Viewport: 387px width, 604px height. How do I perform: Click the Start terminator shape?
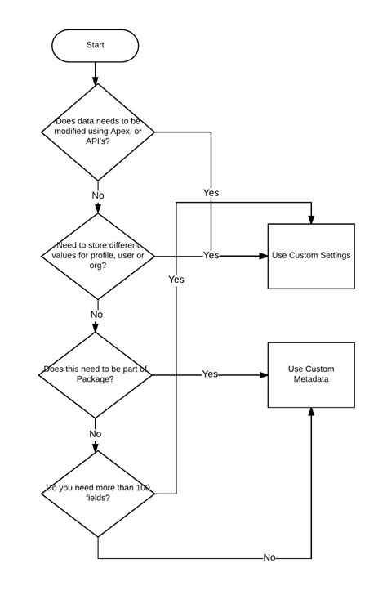tap(96, 46)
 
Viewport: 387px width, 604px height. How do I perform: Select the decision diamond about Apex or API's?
tap(98, 132)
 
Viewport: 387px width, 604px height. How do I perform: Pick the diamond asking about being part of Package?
tap(96, 374)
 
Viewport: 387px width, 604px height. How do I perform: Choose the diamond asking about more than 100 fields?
tap(97, 493)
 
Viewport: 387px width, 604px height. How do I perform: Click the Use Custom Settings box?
tap(311, 256)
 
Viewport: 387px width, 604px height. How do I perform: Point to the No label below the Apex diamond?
tap(98, 195)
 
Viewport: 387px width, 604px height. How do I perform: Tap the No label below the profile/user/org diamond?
tap(96, 315)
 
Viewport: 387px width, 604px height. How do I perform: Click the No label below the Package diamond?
tap(96, 434)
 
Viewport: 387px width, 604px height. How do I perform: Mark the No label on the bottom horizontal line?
tap(269, 557)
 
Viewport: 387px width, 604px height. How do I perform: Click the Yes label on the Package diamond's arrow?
tap(210, 374)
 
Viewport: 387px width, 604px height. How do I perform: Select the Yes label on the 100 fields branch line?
tap(176, 280)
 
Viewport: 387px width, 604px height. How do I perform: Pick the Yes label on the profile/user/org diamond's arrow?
tap(211, 255)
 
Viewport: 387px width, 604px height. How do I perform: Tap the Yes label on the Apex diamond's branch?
tap(211, 193)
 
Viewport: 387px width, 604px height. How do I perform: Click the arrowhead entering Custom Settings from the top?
tap(311, 219)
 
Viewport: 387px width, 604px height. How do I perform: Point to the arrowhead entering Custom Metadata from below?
tap(311, 413)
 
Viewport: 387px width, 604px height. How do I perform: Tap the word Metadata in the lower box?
tap(311, 380)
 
